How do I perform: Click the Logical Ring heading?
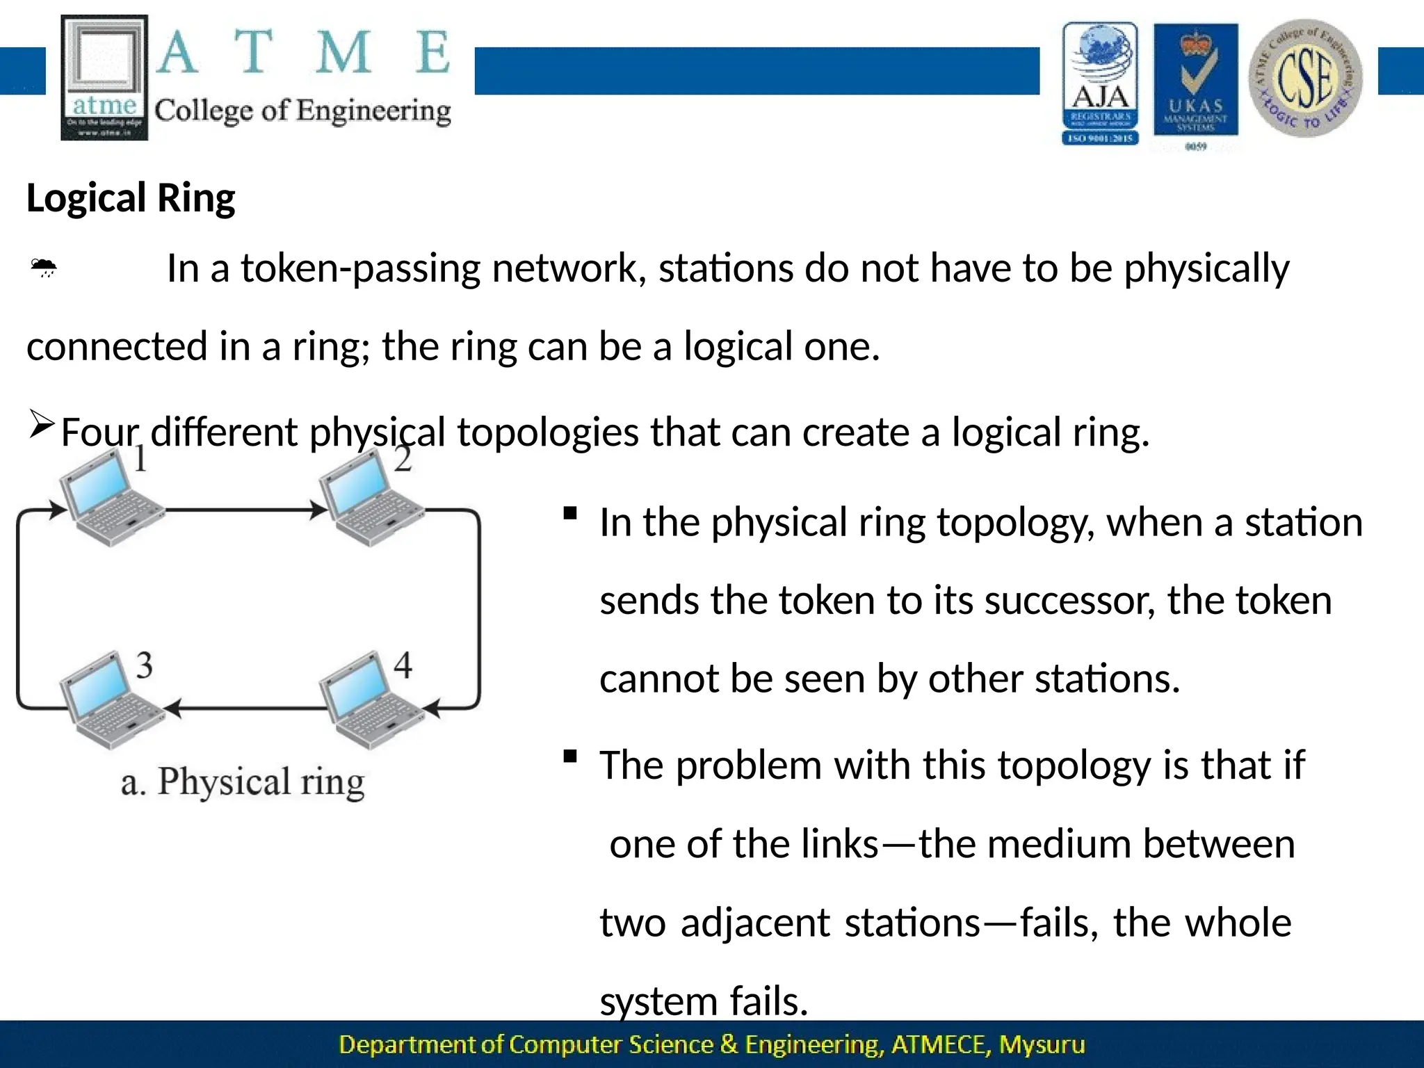click(x=131, y=198)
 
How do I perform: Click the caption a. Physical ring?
click(x=242, y=782)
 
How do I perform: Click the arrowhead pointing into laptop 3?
click(x=172, y=709)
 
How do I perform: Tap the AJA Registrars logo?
click(x=1100, y=83)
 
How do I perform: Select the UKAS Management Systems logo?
click(x=1195, y=84)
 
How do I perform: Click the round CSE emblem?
click(x=1305, y=78)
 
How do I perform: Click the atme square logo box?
click(x=104, y=77)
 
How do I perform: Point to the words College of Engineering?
click(x=302, y=111)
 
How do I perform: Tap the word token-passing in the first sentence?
click(x=360, y=268)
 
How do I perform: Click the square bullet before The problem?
click(x=570, y=756)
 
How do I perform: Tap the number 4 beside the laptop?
click(x=403, y=665)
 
